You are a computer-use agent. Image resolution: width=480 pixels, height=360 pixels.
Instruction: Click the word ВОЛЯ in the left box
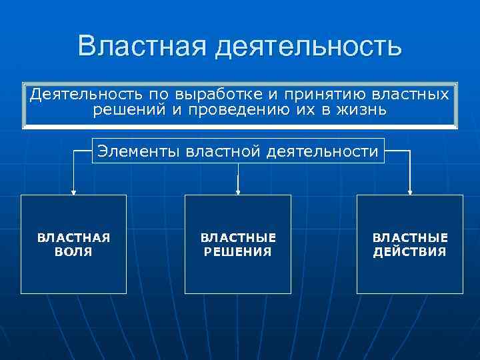pos(73,252)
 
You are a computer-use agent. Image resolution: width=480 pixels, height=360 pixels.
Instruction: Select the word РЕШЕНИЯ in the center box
pos(238,252)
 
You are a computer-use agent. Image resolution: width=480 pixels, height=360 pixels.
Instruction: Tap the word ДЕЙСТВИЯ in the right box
pos(409,252)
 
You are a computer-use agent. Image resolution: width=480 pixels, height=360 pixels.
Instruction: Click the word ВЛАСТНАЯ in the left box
pos(73,238)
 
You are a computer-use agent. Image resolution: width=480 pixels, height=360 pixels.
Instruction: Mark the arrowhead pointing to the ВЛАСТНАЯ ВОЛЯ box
pos(73,192)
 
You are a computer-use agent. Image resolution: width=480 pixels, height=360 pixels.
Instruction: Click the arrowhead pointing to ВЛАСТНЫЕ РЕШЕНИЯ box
pos(238,192)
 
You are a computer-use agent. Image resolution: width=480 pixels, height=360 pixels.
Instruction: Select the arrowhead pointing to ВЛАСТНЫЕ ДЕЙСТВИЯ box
pos(409,192)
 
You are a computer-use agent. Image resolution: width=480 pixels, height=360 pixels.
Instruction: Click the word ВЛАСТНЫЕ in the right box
pos(409,238)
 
